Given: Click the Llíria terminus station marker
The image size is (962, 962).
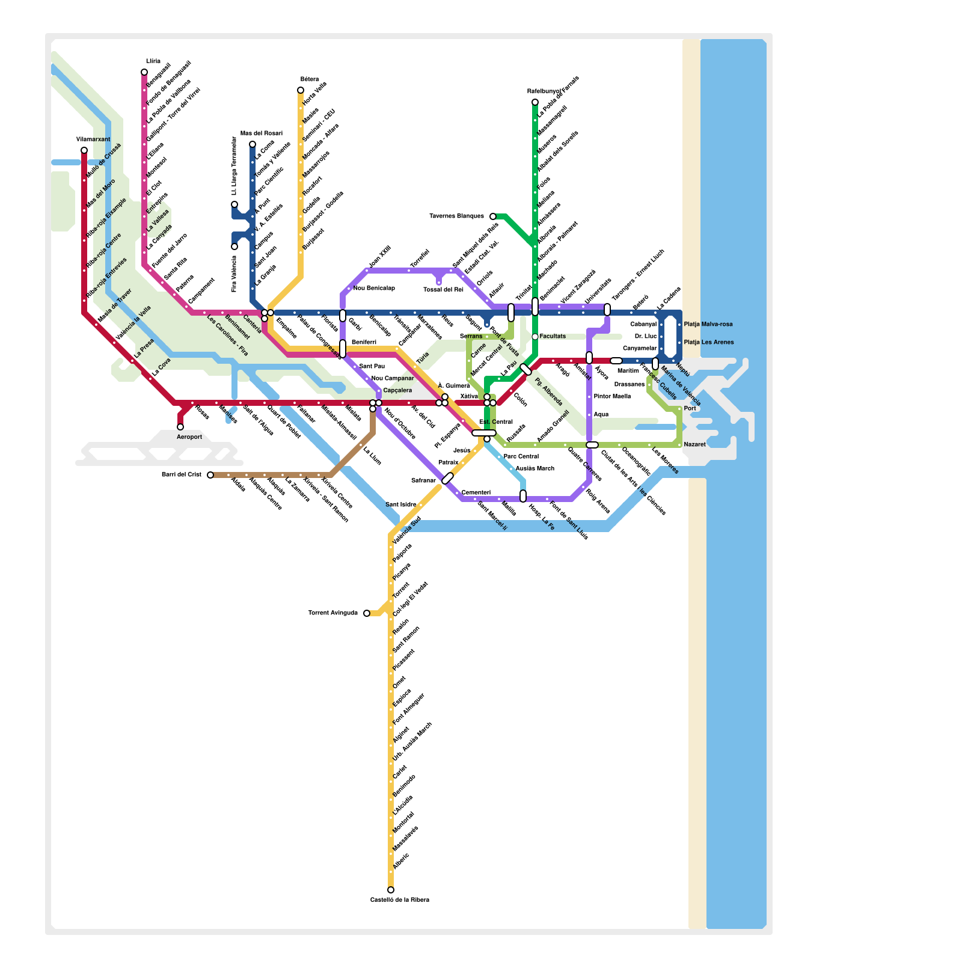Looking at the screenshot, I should pos(144,72).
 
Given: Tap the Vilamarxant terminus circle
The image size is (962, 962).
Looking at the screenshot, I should pos(84,150).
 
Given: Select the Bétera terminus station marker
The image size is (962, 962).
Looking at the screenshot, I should pos(301,90).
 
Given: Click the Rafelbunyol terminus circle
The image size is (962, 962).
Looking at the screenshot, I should pos(535,102).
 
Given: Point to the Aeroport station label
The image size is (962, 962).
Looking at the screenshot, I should pos(189,437).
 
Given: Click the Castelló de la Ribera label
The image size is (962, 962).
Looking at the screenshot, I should pos(399,900).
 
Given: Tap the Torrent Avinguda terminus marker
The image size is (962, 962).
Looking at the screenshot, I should pos(367,613).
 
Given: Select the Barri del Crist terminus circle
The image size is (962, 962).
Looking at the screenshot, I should pos(210,475).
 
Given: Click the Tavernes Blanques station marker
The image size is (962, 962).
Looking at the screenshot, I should pos(493,216).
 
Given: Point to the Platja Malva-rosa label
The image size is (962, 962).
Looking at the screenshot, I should pos(708,325).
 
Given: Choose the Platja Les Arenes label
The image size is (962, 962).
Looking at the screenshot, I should pos(709,343).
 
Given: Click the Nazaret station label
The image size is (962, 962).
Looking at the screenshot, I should pos(695,445).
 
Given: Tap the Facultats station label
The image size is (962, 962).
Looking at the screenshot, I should pos(553,337).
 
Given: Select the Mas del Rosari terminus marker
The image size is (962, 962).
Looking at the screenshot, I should pos(253,144).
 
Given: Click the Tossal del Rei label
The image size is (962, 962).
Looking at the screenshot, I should pos(443,290).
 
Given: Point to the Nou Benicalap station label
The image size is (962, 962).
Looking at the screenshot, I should pos(374,289).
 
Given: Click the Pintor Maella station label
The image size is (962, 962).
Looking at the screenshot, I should pos(612,397).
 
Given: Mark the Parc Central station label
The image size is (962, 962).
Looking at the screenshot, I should pos(521,457).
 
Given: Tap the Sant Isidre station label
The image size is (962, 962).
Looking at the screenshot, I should pos(400,505).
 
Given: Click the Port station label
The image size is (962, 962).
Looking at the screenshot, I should pos(690,409).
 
